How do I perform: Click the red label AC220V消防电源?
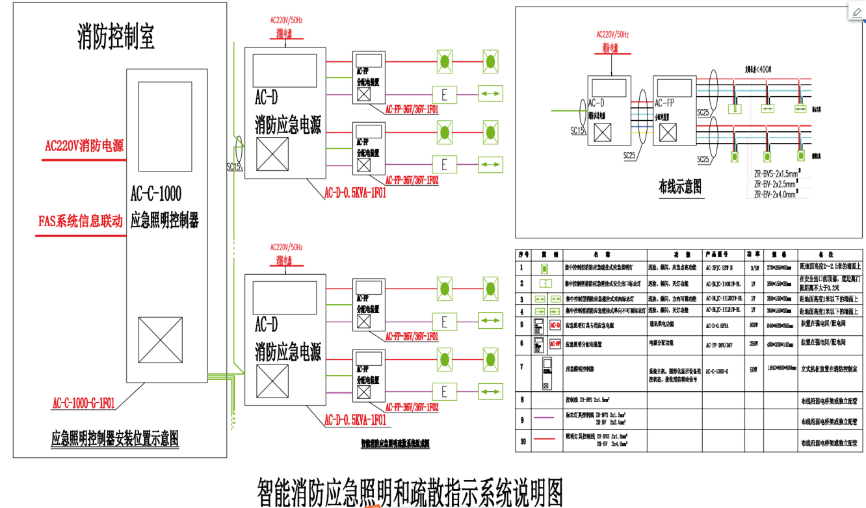(x=84, y=146)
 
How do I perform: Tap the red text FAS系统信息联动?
(x=80, y=222)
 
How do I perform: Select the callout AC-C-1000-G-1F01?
(x=83, y=403)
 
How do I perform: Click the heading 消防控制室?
(x=116, y=38)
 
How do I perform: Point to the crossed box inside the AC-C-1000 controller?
(x=160, y=340)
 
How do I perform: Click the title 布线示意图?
(x=680, y=188)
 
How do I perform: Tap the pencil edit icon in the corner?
(x=856, y=12)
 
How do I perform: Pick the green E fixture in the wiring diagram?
(x=735, y=108)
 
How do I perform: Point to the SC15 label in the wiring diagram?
(x=578, y=131)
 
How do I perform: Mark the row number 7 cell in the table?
(x=521, y=366)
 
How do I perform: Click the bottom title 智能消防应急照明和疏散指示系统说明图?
(x=410, y=492)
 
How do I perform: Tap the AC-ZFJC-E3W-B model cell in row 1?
(x=721, y=267)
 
